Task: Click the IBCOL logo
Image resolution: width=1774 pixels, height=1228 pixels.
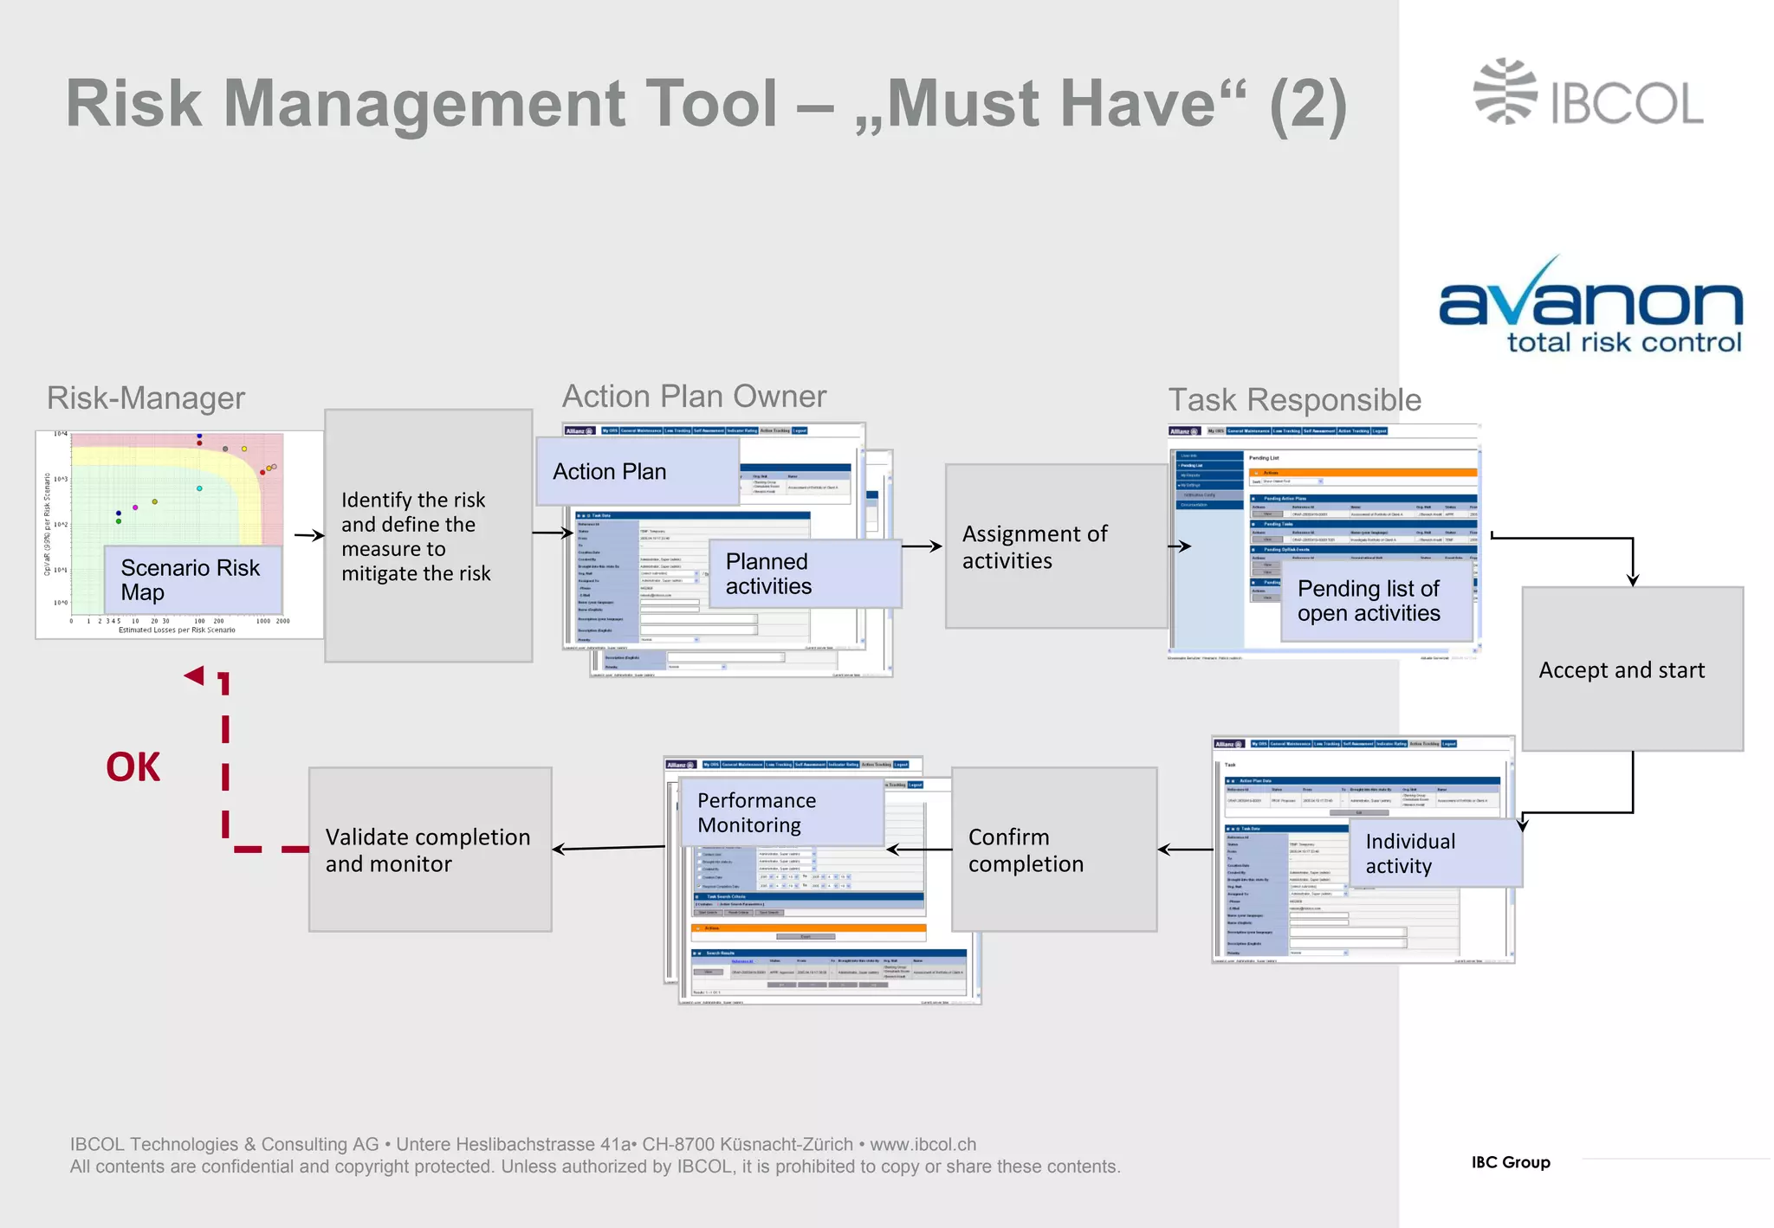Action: coord(1588,93)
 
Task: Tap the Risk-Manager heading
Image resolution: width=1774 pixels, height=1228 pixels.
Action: coord(146,398)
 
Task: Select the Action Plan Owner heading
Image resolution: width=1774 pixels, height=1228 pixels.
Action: coord(694,397)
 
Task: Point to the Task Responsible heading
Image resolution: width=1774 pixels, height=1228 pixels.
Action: coord(1294,400)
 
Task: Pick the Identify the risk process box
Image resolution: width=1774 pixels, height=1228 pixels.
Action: coord(428,536)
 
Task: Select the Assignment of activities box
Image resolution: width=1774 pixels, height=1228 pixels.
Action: coord(1055,546)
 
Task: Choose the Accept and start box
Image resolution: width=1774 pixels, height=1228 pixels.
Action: coord(1632,669)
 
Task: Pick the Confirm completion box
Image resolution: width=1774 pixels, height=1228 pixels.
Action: coord(1053,850)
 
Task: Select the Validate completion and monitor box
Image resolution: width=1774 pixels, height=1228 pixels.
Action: coord(430,850)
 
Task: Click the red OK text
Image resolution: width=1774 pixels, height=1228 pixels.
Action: coord(133,767)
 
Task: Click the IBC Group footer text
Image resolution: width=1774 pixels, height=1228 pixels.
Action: coord(1510,1162)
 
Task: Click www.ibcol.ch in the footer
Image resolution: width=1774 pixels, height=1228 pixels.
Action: coord(923,1144)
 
